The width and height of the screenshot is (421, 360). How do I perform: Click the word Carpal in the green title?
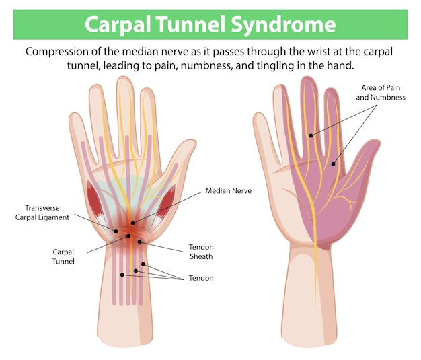pos(120,24)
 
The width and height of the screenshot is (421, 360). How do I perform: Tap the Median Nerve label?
pos(228,191)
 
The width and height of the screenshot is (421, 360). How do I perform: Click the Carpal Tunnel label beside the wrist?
pos(63,256)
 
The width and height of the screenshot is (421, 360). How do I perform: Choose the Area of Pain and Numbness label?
pos(381,93)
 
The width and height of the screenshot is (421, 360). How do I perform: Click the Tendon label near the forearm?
pos(201,278)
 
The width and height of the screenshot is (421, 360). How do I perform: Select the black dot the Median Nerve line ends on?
pos(132,223)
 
